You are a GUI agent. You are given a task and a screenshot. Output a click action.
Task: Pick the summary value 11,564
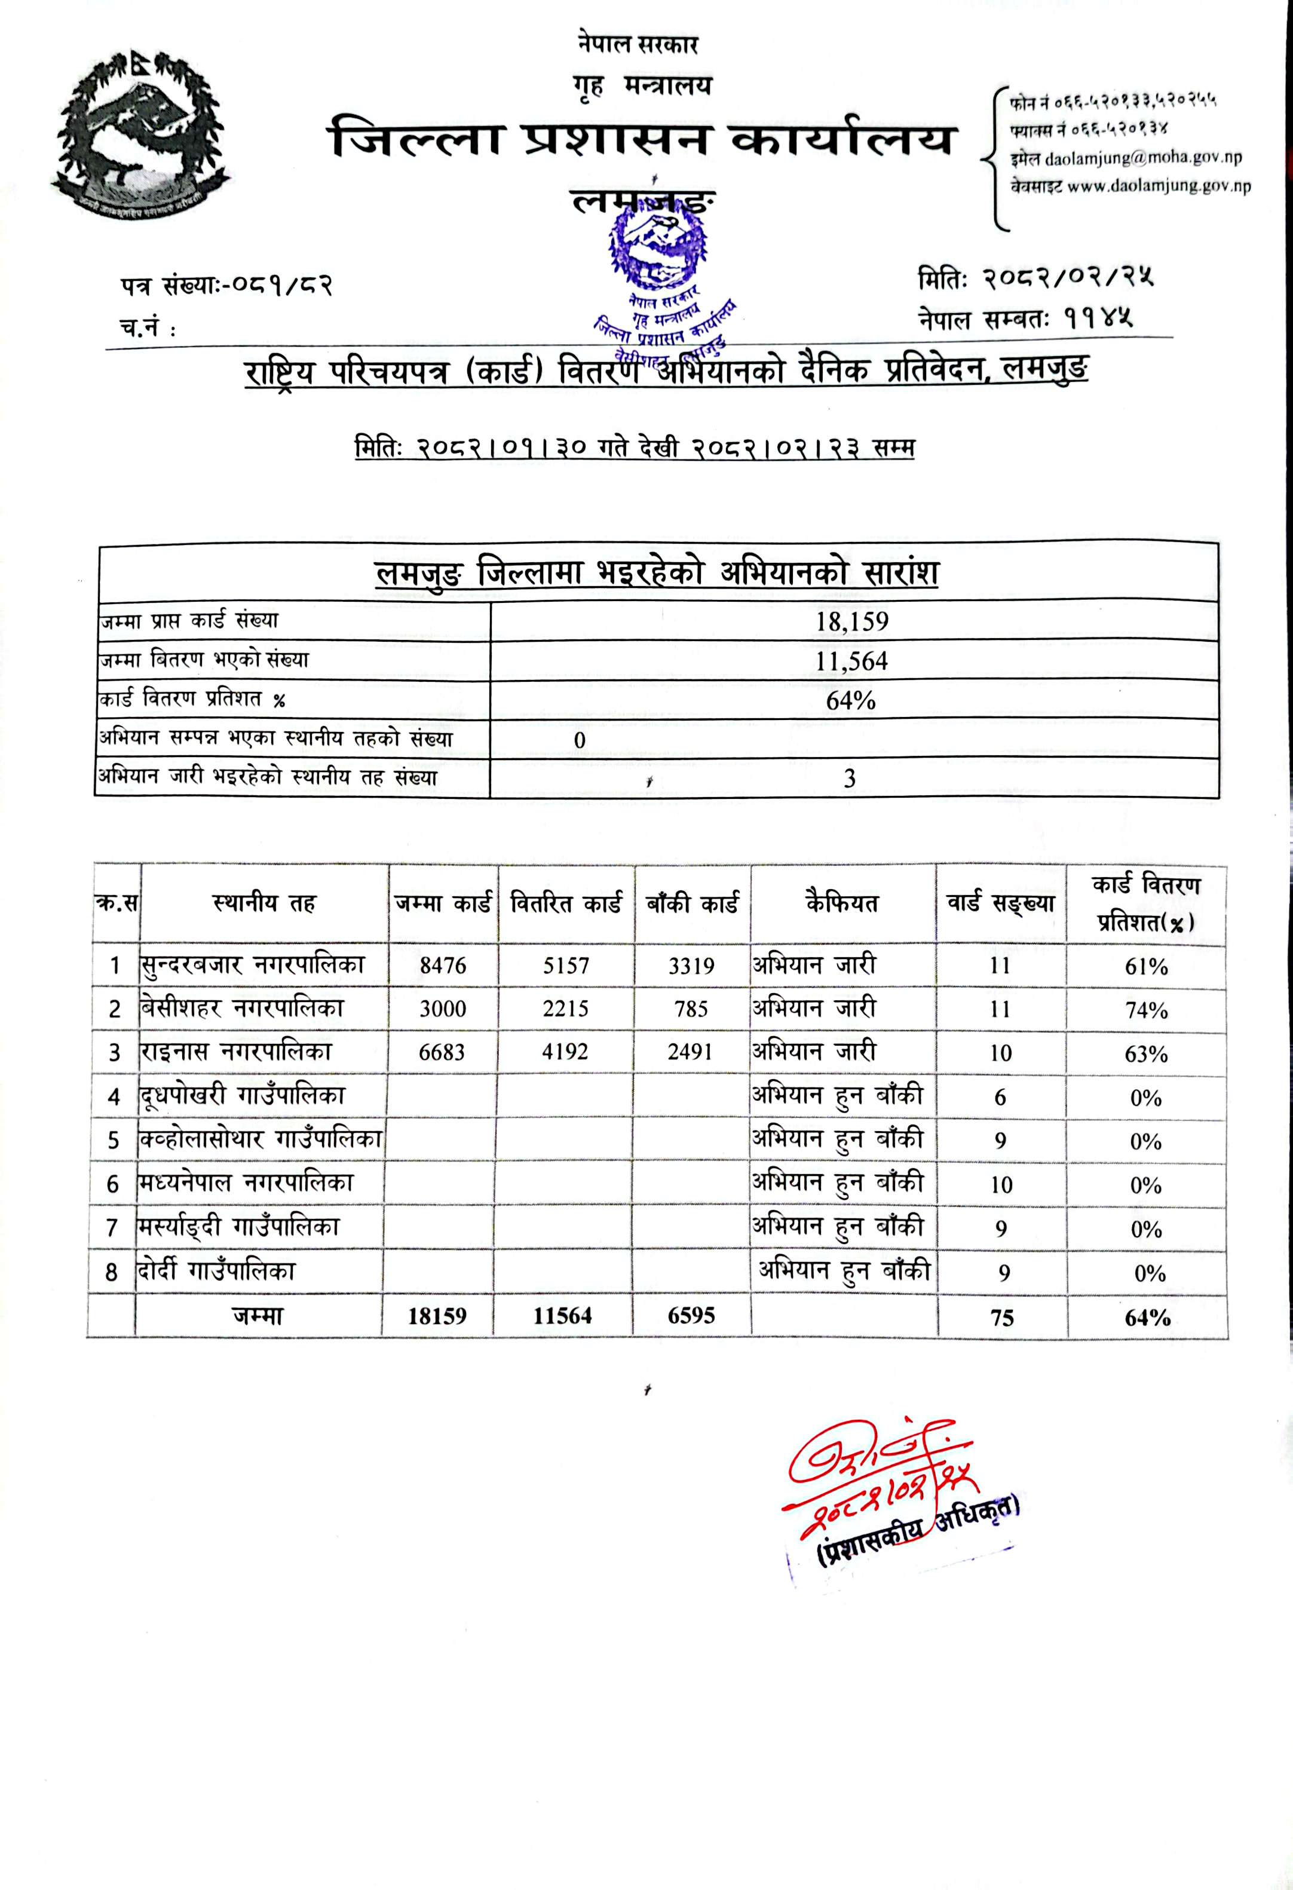click(x=851, y=661)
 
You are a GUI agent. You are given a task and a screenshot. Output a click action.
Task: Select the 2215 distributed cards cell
click(x=565, y=1009)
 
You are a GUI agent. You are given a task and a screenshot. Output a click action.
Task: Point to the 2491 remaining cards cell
click(x=690, y=1052)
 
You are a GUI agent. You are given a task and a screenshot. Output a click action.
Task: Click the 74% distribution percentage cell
click(x=1147, y=1010)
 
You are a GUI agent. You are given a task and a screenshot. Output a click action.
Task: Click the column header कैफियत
click(x=842, y=903)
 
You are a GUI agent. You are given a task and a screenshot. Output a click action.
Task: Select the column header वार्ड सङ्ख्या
click(x=1000, y=903)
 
